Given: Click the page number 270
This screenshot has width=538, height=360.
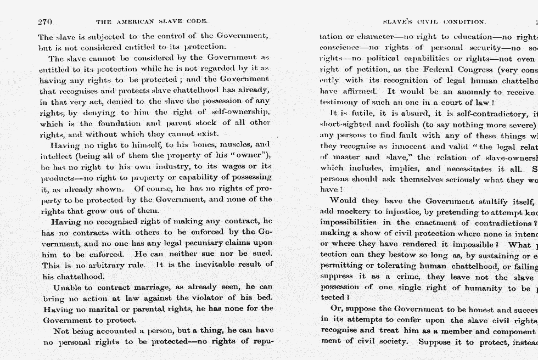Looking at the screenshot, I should pos(45,22).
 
